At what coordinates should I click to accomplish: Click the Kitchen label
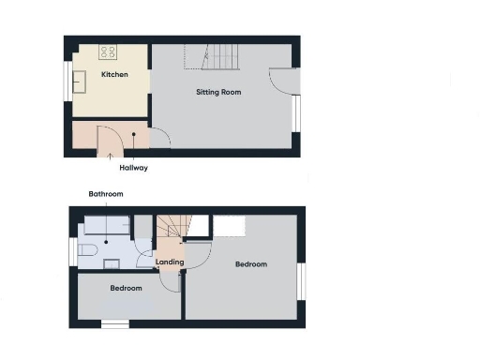pyautogui.click(x=115, y=73)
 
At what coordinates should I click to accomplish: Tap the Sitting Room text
pyautogui.click(x=219, y=92)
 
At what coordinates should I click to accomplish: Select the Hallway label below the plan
pyautogui.click(x=133, y=169)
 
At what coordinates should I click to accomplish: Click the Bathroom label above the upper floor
pyautogui.click(x=105, y=194)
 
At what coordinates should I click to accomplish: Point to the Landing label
pyautogui.click(x=169, y=262)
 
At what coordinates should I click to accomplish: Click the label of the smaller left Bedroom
pyautogui.click(x=126, y=288)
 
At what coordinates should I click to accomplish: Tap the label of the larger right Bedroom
pyautogui.click(x=250, y=264)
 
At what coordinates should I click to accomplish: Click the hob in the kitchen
pyautogui.click(x=108, y=52)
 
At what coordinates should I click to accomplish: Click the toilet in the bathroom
pyautogui.click(x=87, y=251)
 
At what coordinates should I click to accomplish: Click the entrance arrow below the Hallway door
pyautogui.click(x=100, y=155)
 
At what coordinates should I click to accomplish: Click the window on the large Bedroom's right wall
pyautogui.click(x=302, y=281)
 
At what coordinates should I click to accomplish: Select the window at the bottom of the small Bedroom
pyautogui.click(x=114, y=324)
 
